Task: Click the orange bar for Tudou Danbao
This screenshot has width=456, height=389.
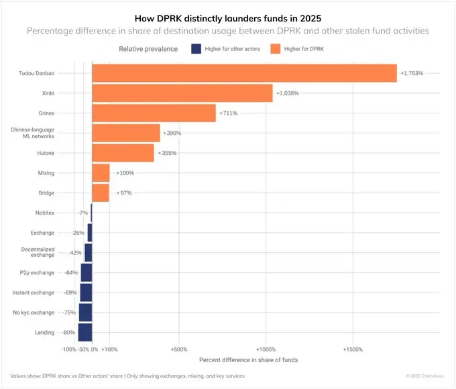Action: pos(244,73)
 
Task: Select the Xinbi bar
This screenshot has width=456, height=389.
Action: pos(182,93)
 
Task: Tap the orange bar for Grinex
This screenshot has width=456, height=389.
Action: pos(154,113)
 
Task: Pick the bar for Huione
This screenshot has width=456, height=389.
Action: pos(123,153)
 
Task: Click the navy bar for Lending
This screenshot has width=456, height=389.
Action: pos(85,332)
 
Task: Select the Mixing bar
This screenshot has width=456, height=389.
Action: pos(101,173)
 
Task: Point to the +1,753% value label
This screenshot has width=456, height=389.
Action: pos(412,73)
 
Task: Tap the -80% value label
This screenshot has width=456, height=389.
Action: pos(68,333)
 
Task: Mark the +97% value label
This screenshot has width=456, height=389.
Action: pos(123,193)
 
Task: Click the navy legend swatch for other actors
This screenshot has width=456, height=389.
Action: pos(196,49)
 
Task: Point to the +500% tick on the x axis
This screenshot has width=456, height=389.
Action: pos(179,349)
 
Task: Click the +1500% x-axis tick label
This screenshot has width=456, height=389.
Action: pos(353,349)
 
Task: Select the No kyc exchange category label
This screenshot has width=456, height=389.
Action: pos(33,313)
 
